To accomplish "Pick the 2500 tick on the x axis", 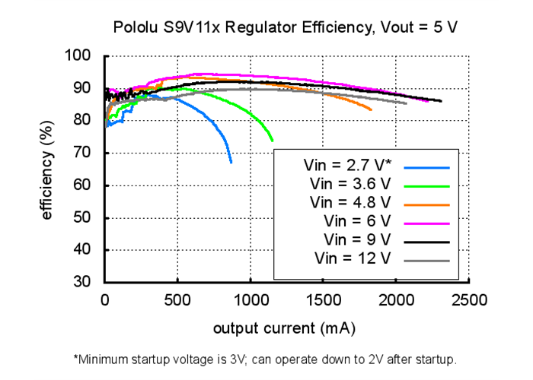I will pos(469,300).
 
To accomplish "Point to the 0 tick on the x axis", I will pos(106,300).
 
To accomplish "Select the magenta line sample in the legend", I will pos(428,223).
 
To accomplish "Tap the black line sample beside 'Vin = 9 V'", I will pos(428,242).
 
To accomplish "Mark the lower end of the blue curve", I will pos(231,163).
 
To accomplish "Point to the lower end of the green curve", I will pos(273,141).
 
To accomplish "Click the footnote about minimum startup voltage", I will pos(265,358).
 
